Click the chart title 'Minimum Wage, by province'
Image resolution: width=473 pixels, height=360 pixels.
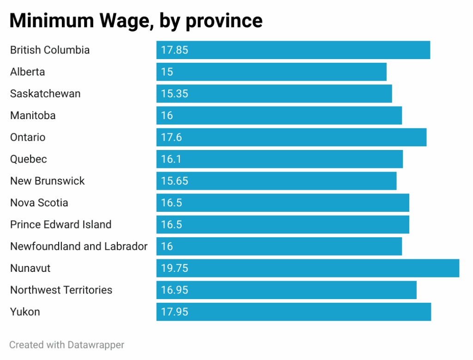point(136,21)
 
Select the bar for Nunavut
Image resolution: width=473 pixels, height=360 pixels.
point(308,268)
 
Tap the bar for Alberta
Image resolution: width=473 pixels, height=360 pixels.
point(271,72)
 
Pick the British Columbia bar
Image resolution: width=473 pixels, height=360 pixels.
point(293,50)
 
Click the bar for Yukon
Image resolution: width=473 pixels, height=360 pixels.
point(293,312)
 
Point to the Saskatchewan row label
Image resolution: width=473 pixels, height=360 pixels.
point(45,94)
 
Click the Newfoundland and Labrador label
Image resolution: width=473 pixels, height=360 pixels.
point(79,246)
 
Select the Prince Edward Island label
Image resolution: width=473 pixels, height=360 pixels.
point(61,225)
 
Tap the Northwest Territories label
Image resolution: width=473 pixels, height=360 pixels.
point(61,290)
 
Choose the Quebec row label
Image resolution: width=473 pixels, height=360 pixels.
point(29,159)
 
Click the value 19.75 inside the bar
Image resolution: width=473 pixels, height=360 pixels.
point(175,268)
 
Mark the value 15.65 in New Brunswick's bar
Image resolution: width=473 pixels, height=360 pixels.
point(175,181)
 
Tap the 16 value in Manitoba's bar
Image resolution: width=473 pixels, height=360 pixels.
point(167,115)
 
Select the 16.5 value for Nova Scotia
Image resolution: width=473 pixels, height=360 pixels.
point(172,203)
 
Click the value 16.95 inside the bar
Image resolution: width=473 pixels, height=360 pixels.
point(175,290)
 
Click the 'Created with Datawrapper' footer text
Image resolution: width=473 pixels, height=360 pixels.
point(67,345)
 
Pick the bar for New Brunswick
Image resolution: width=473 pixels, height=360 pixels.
point(276,181)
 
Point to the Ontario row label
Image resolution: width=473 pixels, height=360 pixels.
point(28,137)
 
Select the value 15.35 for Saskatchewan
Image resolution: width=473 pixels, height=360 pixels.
point(175,94)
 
